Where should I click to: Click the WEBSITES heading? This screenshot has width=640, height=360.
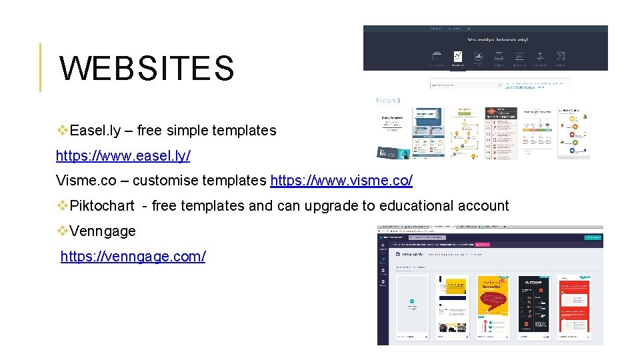(147, 69)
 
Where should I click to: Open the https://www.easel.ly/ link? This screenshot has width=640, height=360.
(123, 155)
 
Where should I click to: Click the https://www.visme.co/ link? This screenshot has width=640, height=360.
(341, 181)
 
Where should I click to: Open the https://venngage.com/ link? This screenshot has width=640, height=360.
(133, 256)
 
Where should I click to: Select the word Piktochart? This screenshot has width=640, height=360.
(102, 206)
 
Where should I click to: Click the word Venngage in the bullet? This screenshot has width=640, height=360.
(103, 231)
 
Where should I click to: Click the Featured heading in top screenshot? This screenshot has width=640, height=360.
(388, 101)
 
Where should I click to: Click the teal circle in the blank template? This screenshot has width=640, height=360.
(412, 301)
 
